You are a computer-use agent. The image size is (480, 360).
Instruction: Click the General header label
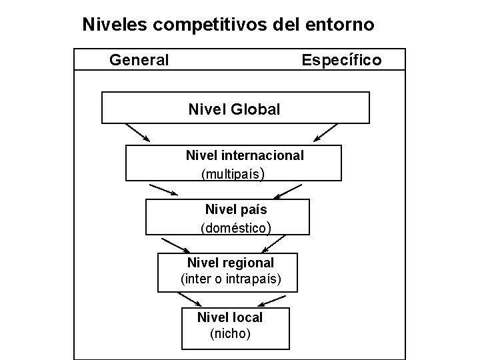click(139, 61)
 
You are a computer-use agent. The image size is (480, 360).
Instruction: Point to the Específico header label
click(341, 61)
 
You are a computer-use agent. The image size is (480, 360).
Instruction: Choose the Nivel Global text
click(235, 109)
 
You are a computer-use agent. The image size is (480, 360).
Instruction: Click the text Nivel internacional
click(245, 155)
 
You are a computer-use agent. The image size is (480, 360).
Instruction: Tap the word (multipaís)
click(233, 175)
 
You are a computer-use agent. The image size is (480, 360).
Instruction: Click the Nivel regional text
click(231, 263)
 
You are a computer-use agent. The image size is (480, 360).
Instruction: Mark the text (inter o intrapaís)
click(231, 278)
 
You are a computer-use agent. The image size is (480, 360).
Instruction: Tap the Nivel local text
click(230, 317)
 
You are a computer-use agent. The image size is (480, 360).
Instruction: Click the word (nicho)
click(230, 333)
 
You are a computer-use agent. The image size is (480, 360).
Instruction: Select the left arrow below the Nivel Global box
click(137, 132)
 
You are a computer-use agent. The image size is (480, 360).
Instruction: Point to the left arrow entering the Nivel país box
click(164, 189)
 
